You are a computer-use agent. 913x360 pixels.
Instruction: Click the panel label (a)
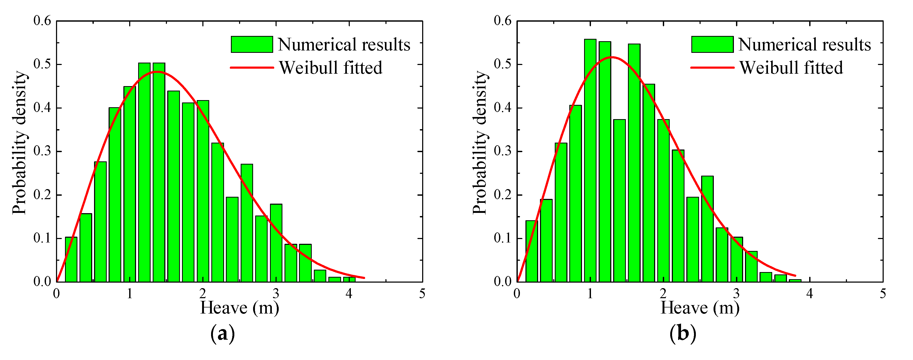223,333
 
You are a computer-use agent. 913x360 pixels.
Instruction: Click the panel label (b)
683,333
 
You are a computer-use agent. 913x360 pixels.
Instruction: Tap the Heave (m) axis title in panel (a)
240,307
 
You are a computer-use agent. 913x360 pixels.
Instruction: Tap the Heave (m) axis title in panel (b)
700,307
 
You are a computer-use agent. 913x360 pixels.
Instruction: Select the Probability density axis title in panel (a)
20,143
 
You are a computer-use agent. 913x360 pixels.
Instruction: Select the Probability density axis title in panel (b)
480,143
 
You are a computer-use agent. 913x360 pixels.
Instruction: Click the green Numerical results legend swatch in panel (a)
252,44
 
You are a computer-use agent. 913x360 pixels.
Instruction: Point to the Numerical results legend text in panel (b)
804,44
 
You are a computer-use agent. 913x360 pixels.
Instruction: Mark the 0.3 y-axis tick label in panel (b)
502,151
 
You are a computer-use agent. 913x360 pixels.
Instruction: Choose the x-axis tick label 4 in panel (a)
349,293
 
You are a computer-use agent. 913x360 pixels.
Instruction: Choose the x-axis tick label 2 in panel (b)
663,293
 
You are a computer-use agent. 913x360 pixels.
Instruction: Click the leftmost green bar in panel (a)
71,259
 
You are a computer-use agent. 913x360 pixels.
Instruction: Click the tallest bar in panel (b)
590,160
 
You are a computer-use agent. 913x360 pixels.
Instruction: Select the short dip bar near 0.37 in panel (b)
619,200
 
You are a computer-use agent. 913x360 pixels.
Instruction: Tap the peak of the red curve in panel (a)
157,72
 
